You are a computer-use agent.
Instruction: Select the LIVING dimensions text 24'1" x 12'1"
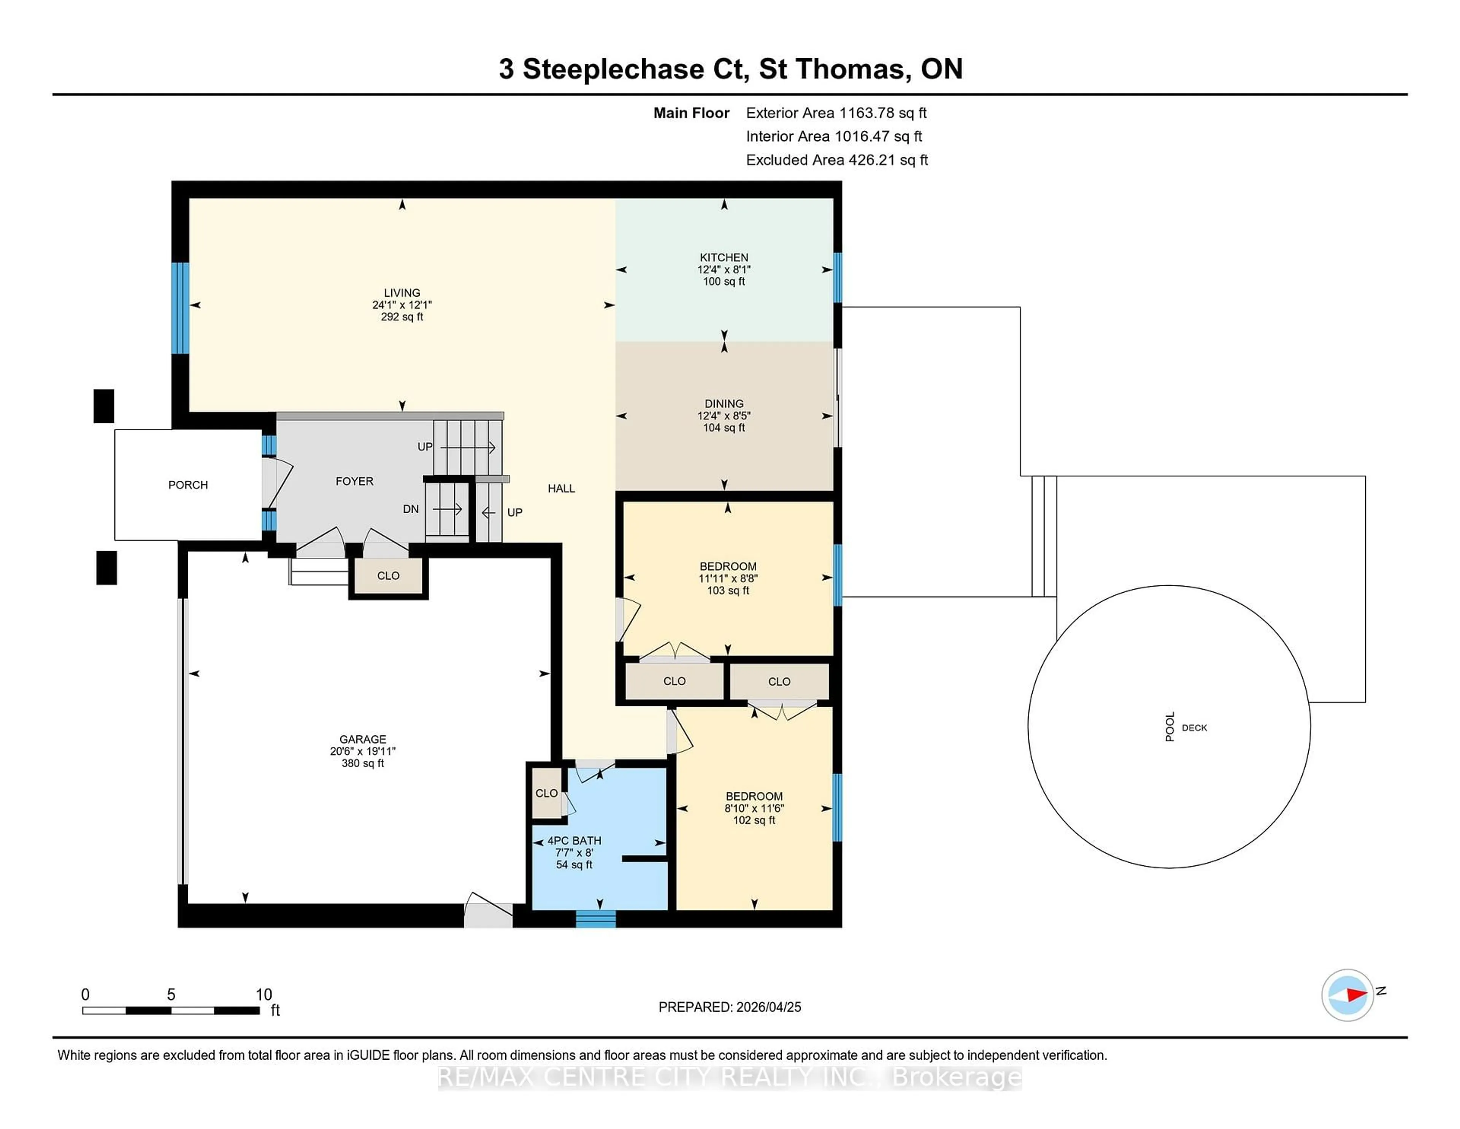[x=402, y=305]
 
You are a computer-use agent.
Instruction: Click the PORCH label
[x=188, y=485]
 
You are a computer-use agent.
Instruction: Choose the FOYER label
[x=354, y=482]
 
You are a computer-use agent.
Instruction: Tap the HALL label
[x=561, y=489]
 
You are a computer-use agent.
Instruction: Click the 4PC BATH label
[x=574, y=841]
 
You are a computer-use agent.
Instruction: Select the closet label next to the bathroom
[x=546, y=793]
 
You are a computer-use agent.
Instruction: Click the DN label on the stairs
[x=411, y=509]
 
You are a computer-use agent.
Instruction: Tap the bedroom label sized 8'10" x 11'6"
[x=754, y=797]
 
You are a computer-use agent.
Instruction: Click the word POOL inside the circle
[x=1170, y=727]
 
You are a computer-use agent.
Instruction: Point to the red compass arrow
[x=1356, y=995]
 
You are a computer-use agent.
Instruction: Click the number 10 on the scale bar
[x=264, y=995]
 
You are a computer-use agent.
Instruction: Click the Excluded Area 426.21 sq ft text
[x=836, y=160]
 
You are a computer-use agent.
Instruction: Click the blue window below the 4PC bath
[x=596, y=920]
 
